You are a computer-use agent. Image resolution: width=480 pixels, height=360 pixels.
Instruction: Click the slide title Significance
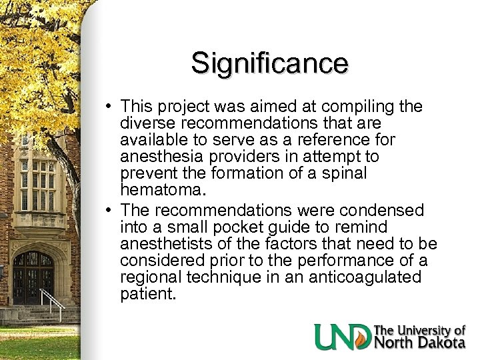269,63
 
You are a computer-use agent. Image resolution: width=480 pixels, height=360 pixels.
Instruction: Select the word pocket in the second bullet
233,227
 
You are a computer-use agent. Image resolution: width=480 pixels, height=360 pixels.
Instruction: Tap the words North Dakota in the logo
420,343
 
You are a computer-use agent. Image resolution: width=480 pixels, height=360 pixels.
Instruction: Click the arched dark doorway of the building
33,277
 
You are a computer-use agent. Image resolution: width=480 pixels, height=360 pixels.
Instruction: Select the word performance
324,260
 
